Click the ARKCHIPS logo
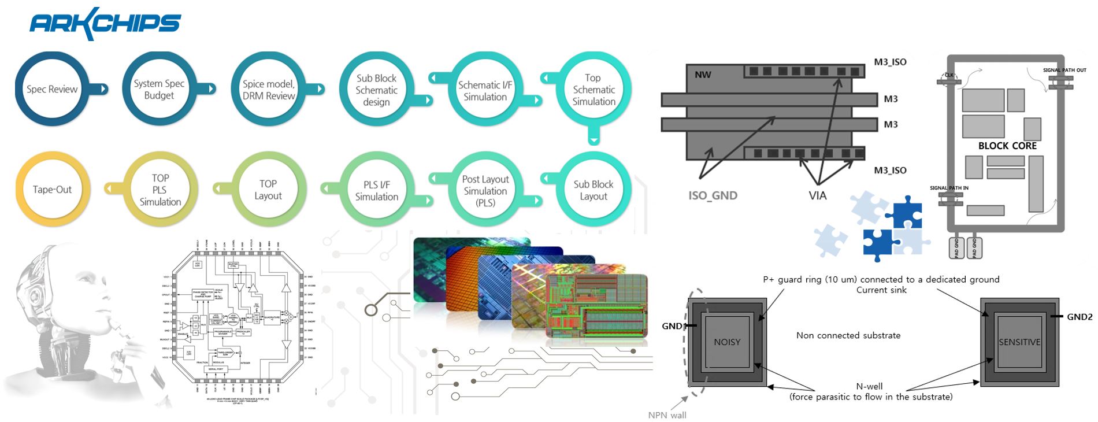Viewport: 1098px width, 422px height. click(x=105, y=23)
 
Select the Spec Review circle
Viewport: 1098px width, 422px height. click(x=52, y=89)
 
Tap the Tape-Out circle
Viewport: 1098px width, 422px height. click(x=52, y=190)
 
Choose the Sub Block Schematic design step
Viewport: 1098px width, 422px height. click(x=376, y=90)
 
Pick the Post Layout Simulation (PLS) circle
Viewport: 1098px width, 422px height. click(x=485, y=191)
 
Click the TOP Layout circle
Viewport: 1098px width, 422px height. click(x=268, y=190)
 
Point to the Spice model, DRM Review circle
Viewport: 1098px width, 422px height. click(x=268, y=90)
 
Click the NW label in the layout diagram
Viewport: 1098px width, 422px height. click(x=703, y=75)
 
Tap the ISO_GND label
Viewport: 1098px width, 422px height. click(x=713, y=195)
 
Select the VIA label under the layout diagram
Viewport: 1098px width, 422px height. click(x=817, y=195)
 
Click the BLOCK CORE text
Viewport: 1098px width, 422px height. click(x=1007, y=146)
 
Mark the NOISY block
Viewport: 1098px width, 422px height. click(x=727, y=342)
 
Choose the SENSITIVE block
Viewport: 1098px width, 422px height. click(x=1019, y=342)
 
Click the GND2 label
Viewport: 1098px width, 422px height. click(x=1080, y=317)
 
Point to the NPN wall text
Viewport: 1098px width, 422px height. click(x=667, y=415)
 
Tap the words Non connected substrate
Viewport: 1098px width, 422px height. click(x=848, y=335)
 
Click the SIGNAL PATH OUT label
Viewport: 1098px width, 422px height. click(x=1064, y=70)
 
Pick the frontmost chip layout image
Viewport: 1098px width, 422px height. click(x=596, y=306)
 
